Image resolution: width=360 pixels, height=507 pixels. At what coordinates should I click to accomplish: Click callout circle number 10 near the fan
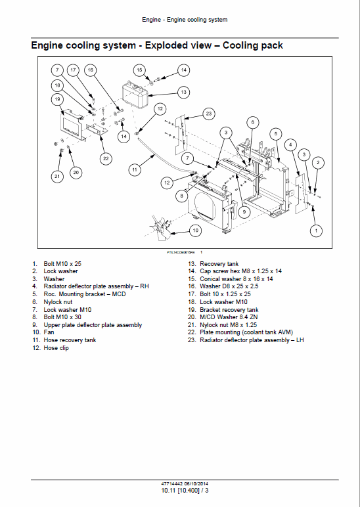(195, 231)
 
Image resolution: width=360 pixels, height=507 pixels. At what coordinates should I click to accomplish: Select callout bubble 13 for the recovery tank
(183, 92)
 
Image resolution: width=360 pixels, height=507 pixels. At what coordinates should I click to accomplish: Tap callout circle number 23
(209, 114)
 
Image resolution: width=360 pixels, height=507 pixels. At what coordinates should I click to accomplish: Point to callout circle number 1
(317, 231)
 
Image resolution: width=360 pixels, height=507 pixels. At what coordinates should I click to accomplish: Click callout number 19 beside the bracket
(58, 100)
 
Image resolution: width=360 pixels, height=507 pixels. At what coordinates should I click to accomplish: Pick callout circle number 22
(106, 158)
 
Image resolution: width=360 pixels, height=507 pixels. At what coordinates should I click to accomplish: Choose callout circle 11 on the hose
(134, 169)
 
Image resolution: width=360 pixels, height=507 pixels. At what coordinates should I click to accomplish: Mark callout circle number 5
(277, 133)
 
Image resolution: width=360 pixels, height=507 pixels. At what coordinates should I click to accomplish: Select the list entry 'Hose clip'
(56, 348)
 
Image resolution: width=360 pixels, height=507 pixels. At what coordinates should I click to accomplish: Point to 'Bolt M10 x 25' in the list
(62, 263)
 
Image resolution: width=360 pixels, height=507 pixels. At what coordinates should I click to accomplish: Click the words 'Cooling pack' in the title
(253, 45)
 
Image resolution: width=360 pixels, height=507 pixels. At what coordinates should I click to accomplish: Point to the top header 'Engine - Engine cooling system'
(185, 20)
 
